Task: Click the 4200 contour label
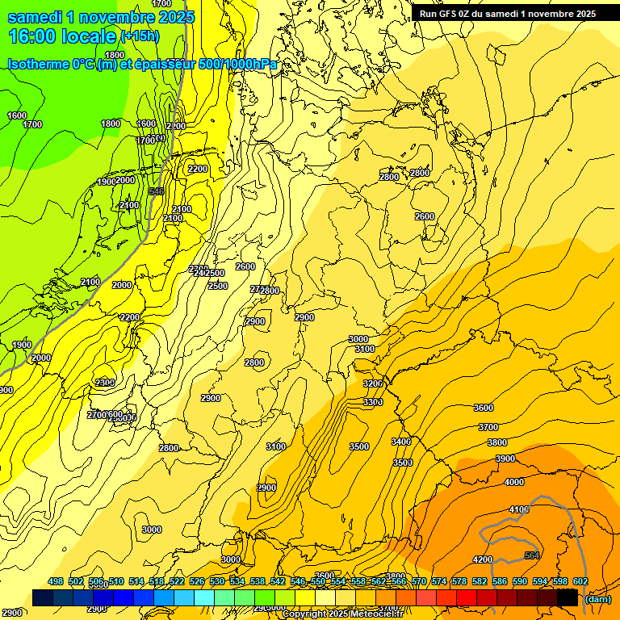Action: point(483,559)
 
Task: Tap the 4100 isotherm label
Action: point(519,509)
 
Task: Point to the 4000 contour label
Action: point(513,482)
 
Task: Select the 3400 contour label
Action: point(401,442)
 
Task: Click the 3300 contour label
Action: point(373,402)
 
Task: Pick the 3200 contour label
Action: point(373,383)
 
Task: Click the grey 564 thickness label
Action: point(531,555)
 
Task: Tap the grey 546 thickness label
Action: point(157,191)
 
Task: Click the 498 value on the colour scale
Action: point(56,581)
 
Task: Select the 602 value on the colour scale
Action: point(580,581)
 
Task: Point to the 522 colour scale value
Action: point(177,581)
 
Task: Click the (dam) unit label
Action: point(597,599)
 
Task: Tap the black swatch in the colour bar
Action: point(568,598)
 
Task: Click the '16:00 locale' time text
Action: point(61,36)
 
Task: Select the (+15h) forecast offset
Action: point(140,36)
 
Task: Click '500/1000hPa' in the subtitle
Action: point(240,64)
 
